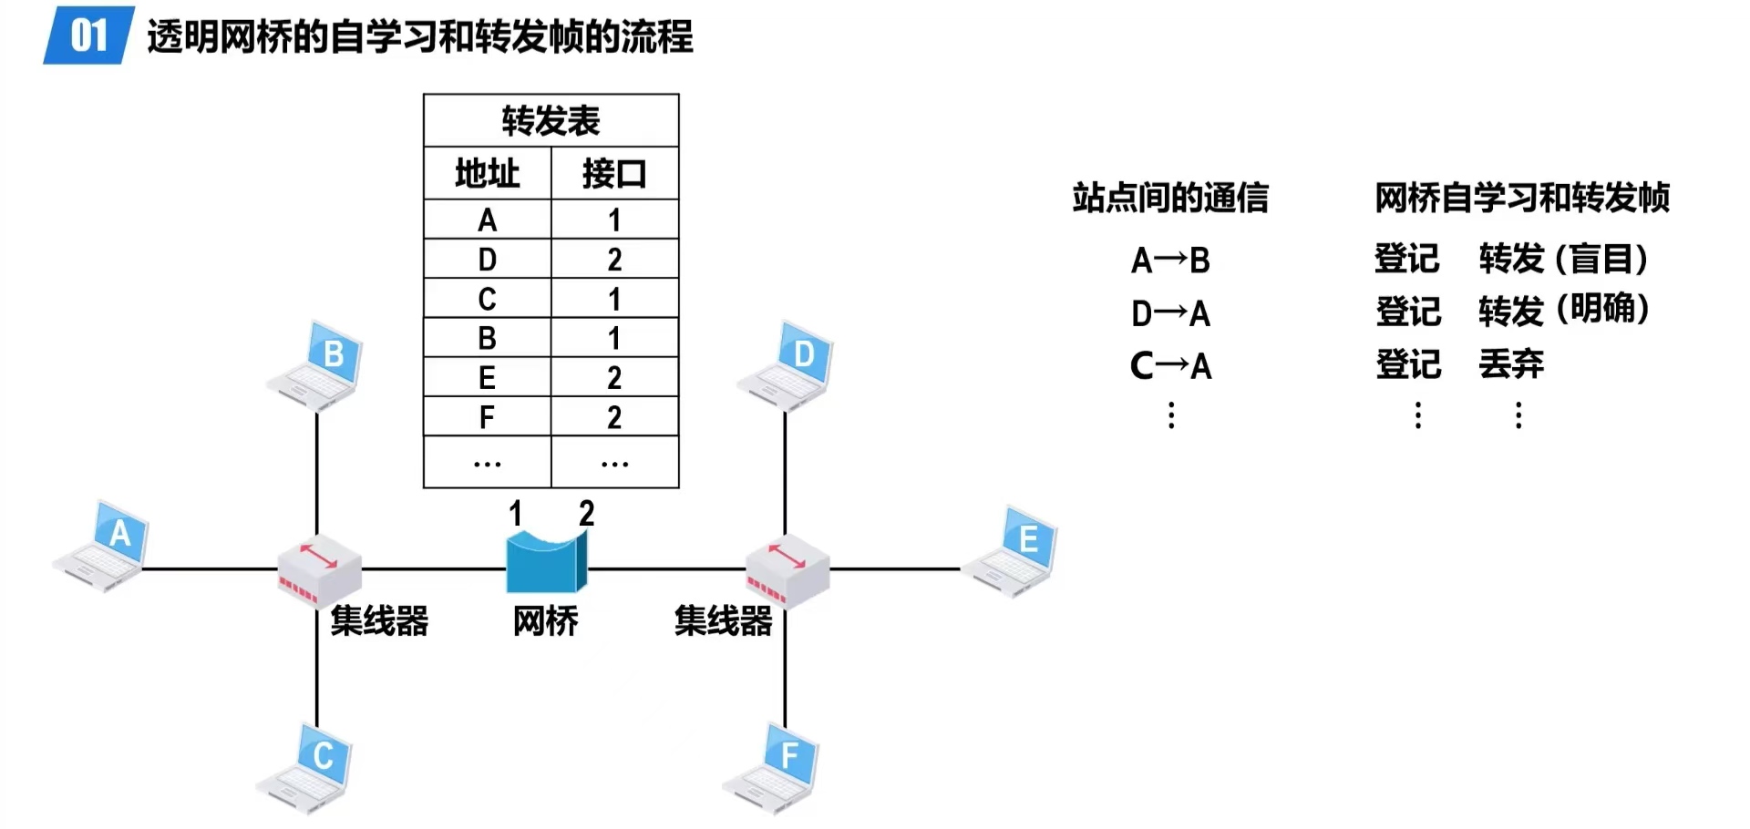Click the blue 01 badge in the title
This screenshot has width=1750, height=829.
(88, 36)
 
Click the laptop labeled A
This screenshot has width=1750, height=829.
(102, 546)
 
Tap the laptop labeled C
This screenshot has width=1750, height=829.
(305, 768)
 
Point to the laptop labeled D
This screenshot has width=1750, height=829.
(787, 365)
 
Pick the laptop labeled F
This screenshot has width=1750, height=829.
(772, 768)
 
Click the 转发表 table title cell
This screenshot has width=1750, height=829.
(551, 120)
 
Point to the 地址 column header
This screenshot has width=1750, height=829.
(487, 173)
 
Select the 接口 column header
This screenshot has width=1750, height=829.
(614, 173)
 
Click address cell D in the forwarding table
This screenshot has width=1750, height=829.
(487, 260)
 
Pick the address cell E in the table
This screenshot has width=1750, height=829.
(487, 377)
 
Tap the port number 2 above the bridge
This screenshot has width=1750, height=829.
(586, 514)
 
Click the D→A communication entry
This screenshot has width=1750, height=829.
(1170, 313)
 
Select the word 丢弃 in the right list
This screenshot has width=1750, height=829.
(1510, 364)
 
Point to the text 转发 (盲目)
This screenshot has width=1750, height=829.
(1562, 260)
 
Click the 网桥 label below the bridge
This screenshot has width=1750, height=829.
(545, 621)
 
